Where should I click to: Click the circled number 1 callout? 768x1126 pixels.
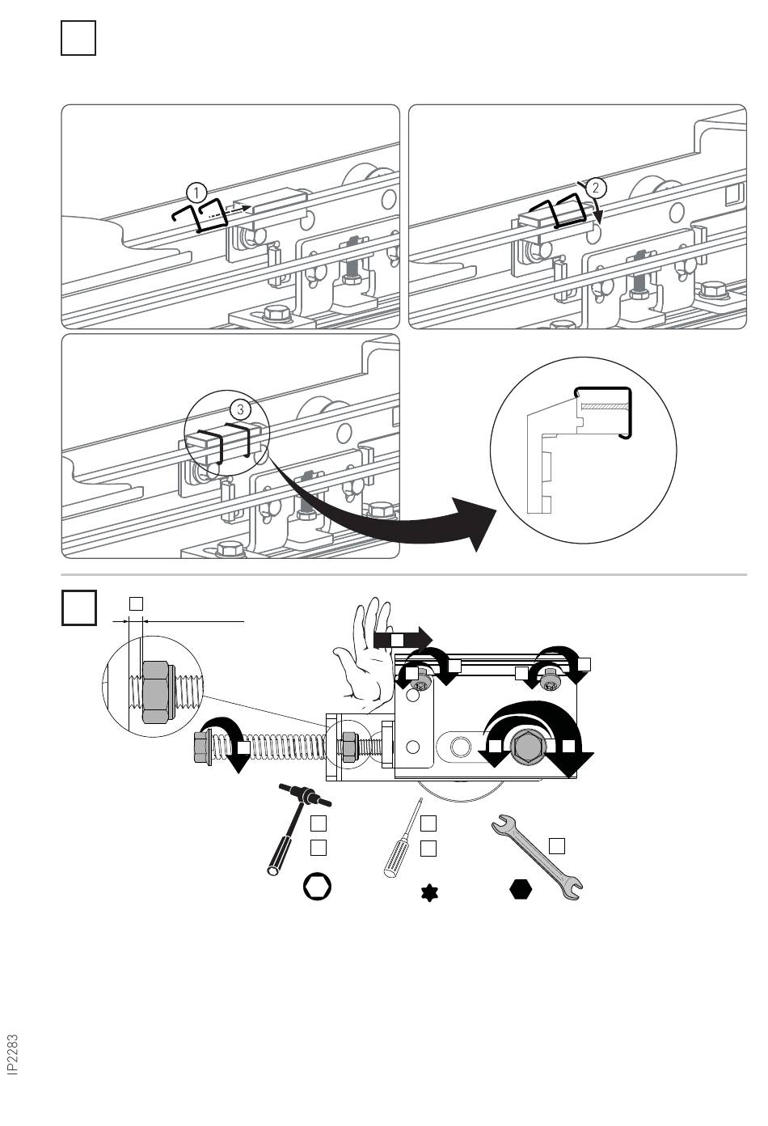coord(196,193)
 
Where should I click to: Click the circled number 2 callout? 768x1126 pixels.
coord(595,188)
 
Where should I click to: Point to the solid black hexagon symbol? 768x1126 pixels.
coord(521,889)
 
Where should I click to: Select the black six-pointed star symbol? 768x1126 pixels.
coord(428,894)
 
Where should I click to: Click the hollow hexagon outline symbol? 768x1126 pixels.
coord(318,887)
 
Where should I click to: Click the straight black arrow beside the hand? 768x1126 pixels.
coord(403,640)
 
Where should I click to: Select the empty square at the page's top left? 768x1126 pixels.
coord(78,39)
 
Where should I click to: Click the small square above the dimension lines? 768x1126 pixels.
coord(136,603)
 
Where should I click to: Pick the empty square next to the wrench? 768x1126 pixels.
coord(556,846)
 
